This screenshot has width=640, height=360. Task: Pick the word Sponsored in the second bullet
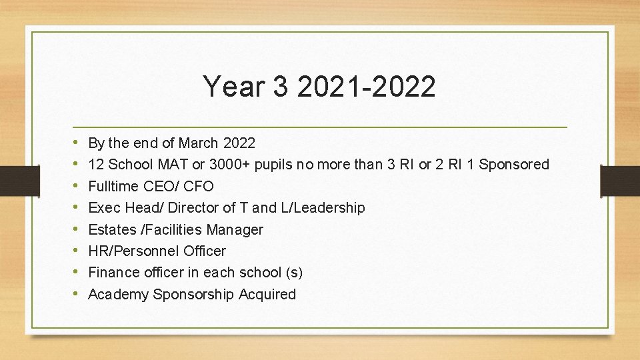514,164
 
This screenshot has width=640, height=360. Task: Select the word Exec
104,207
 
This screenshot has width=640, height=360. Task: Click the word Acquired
269,294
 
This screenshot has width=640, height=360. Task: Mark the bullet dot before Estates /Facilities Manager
77,229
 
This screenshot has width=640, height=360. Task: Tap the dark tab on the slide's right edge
619,180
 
